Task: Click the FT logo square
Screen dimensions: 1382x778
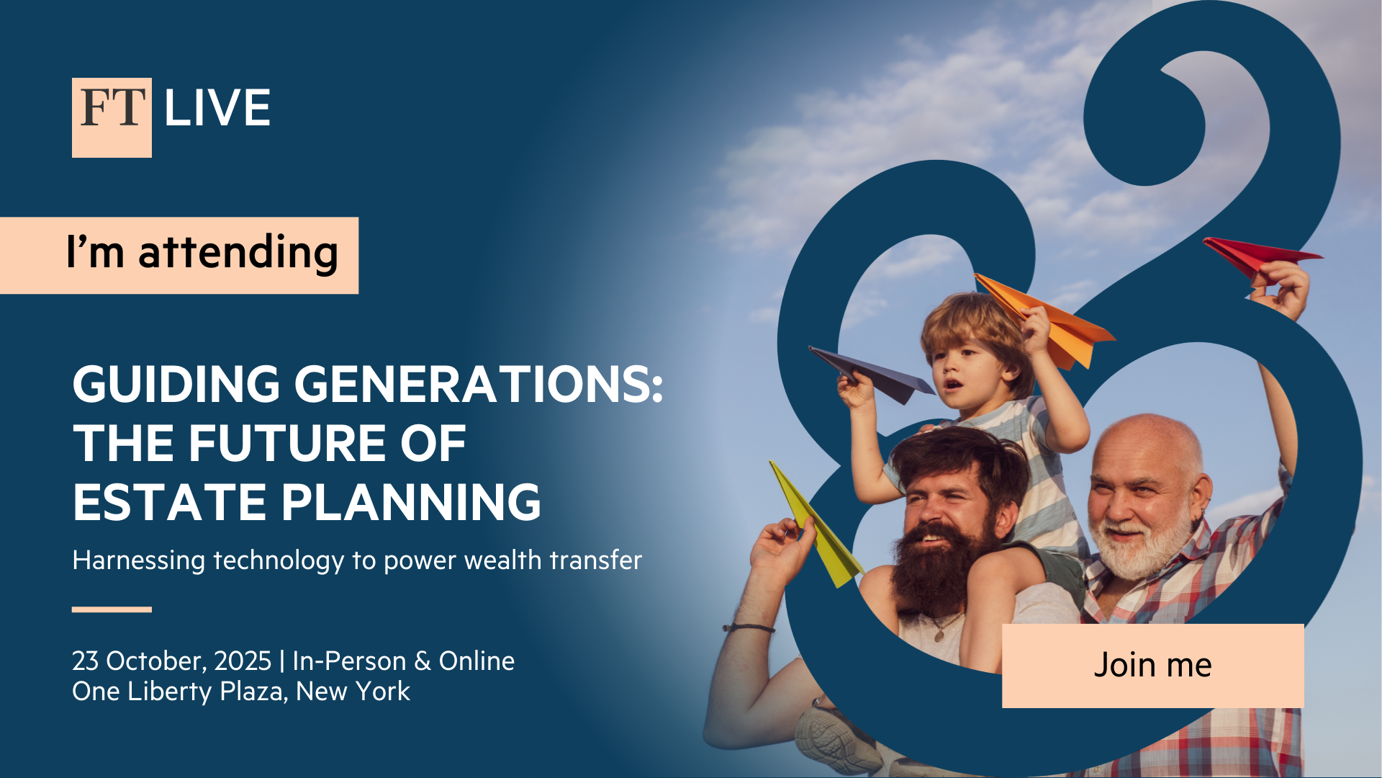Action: (112, 117)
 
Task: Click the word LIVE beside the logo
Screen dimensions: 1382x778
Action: (217, 109)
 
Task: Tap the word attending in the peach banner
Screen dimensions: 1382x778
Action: (238, 252)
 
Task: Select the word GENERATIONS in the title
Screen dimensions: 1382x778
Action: (478, 384)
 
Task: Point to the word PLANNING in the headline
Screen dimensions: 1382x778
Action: (410, 502)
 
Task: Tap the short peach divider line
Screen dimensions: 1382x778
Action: (112, 609)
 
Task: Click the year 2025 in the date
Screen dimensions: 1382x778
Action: (243, 661)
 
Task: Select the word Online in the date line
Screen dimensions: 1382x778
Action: (477, 661)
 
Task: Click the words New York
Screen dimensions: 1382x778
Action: (353, 692)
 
